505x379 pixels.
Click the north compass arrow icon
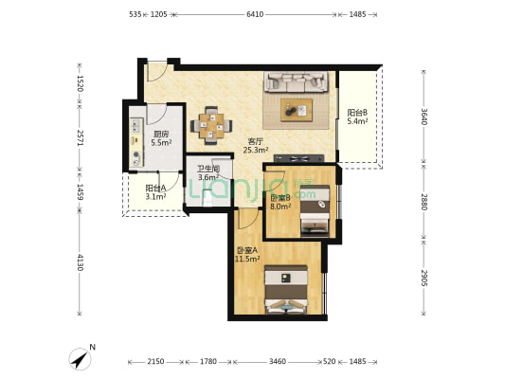tap(81, 359)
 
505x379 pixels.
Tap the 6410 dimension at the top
tap(255, 14)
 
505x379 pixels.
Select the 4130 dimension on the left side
tap(80, 262)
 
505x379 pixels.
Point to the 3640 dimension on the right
tap(424, 117)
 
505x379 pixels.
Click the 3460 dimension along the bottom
tap(278, 362)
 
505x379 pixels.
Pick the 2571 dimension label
tap(80, 137)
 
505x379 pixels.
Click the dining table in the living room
tap(211, 126)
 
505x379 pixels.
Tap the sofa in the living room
tap(296, 81)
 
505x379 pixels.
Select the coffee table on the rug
tap(297, 110)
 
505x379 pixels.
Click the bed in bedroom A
tap(286, 290)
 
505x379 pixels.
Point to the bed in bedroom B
tap(315, 210)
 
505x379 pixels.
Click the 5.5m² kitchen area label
tap(161, 143)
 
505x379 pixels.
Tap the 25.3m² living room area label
tap(256, 150)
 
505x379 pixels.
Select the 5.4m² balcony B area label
tap(357, 121)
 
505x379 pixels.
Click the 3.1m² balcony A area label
tap(155, 196)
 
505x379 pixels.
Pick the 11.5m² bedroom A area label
tap(247, 259)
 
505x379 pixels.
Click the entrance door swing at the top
tap(157, 71)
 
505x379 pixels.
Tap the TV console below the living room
tap(298, 158)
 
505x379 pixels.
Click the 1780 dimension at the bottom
tap(208, 362)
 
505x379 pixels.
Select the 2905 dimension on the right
tap(424, 279)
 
